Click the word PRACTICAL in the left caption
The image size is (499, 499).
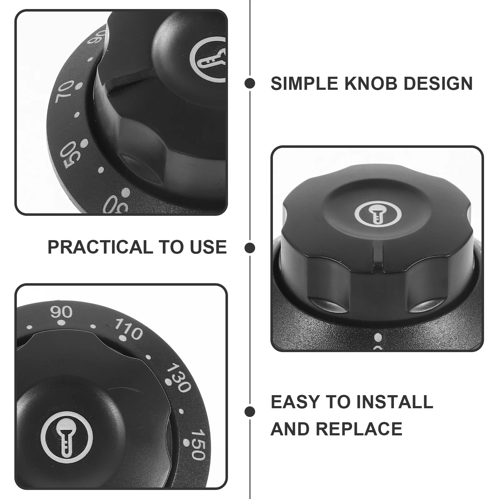pyautogui.click(x=100, y=247)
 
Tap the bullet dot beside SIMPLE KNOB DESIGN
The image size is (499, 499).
pyautogui.click(x=250, y=83)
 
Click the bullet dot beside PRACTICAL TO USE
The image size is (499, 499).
pyautogui.click(x=250, y=248)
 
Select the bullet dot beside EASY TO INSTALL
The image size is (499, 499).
pyautogui.click(x=250, y=412)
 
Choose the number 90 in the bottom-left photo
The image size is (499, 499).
pyautogui.click(x=61, y=312)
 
